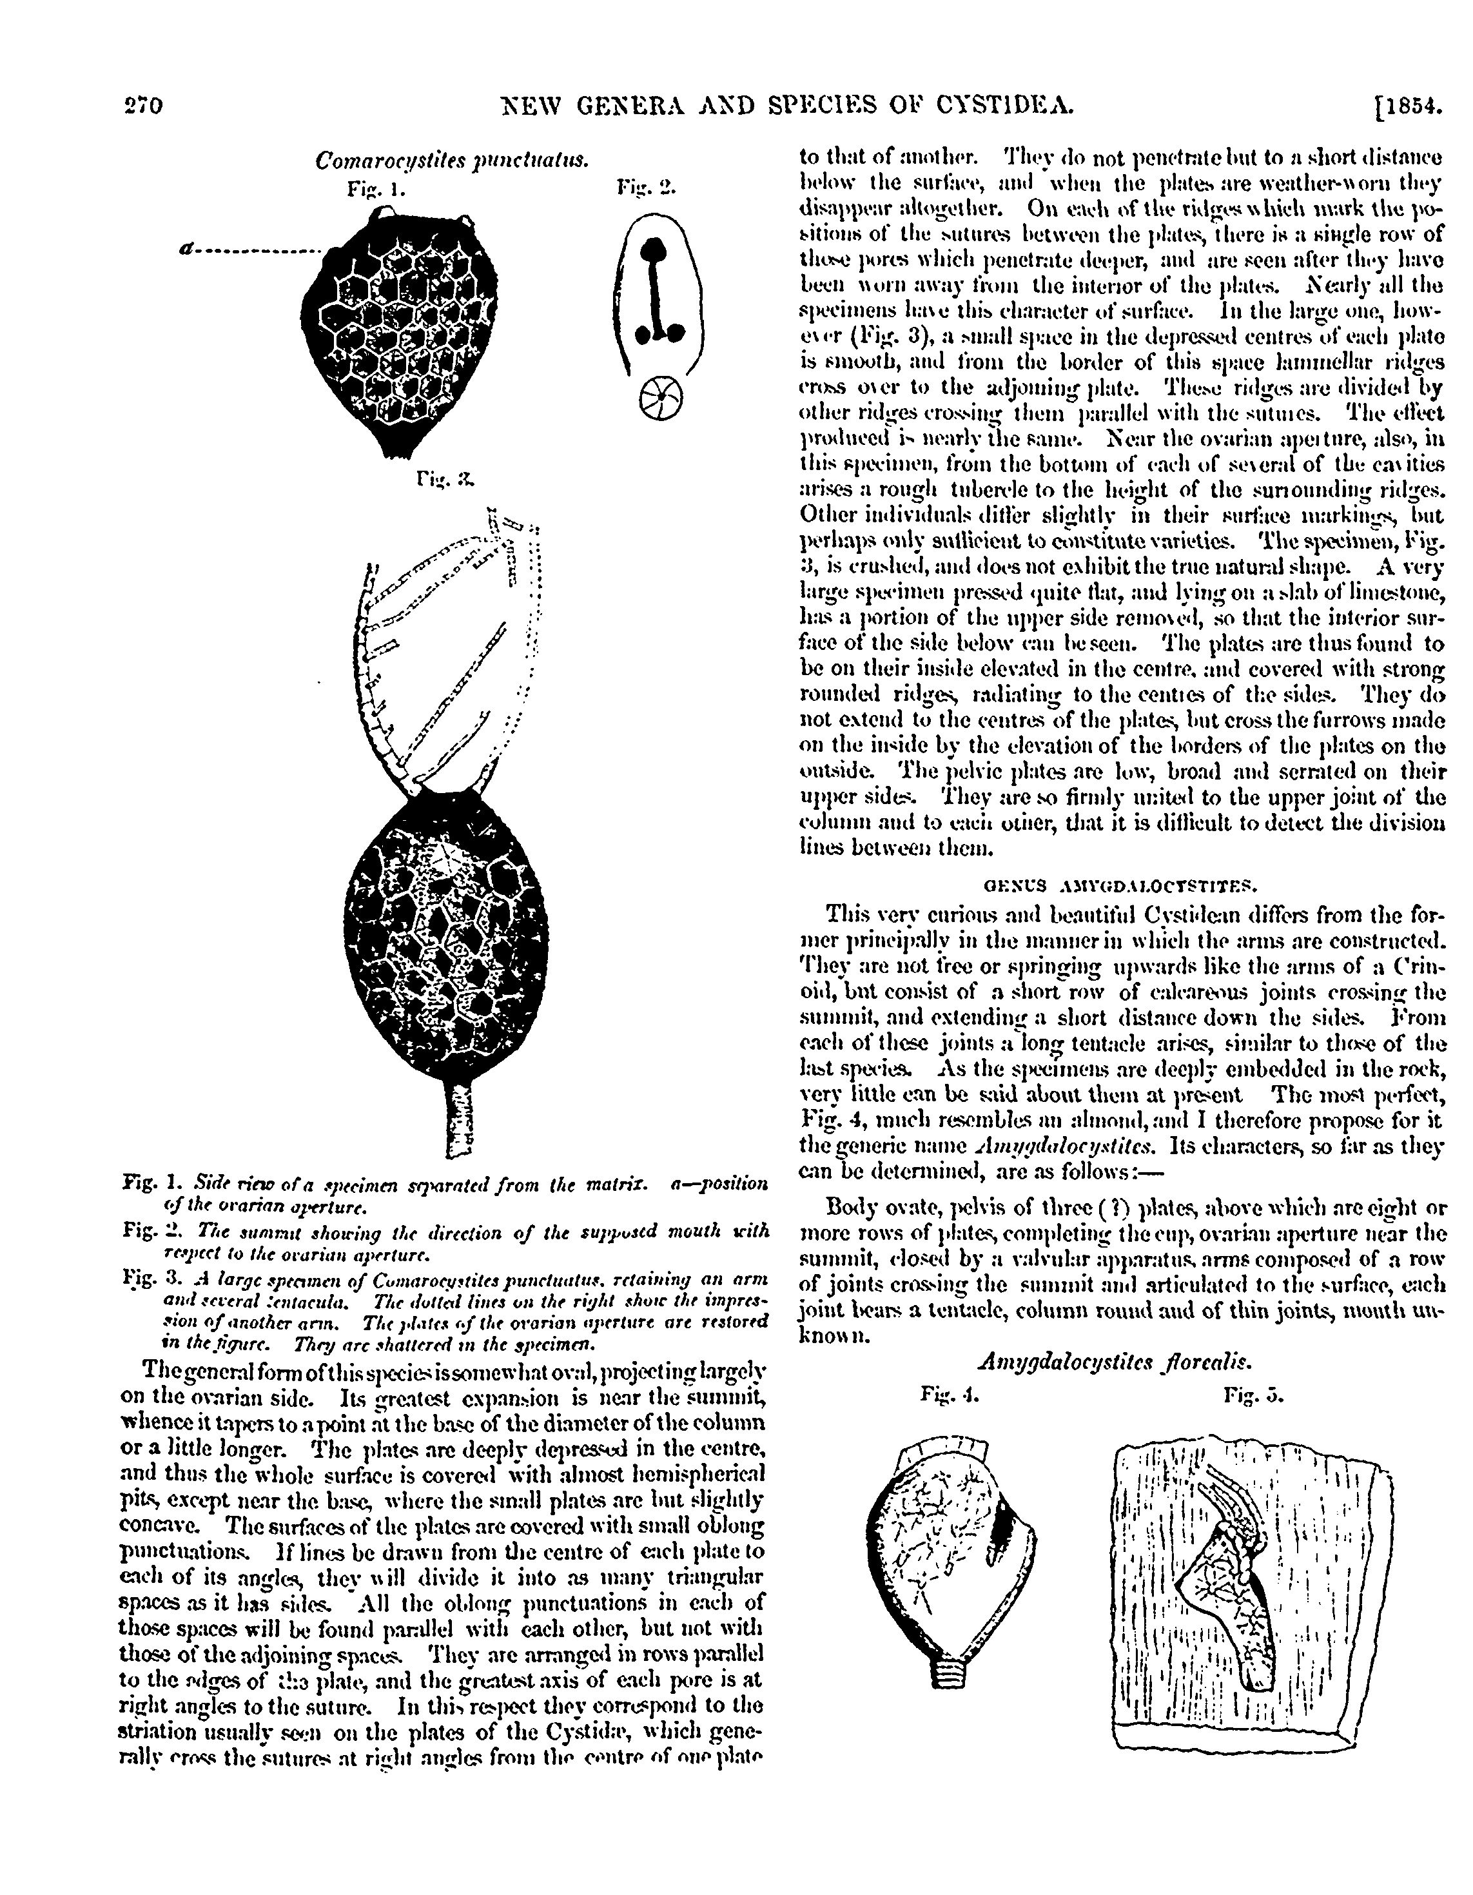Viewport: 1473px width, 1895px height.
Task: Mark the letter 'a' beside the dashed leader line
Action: (x=184, y=249)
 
